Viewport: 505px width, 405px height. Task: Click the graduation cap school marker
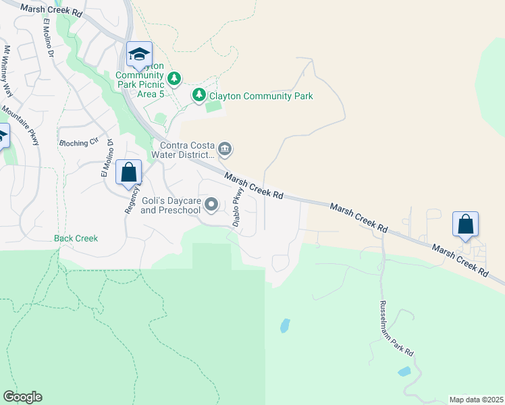[140, 55]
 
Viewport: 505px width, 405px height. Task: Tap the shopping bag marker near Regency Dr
[129, 172]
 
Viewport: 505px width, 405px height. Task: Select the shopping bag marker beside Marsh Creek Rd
[465, 225]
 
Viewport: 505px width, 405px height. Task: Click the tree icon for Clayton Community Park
[198, 95]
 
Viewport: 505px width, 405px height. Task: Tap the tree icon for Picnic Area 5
[174, 79]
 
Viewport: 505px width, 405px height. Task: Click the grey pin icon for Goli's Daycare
[211, 204]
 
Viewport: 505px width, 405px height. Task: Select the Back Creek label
[76, 238]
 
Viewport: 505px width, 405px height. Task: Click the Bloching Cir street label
[79, 143]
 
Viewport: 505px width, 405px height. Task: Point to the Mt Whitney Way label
[8, 72]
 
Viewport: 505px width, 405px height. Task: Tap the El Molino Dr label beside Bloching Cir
[105, 159]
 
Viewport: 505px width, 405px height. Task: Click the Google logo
[22, 397]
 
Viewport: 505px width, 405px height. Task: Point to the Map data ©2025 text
[475, 400]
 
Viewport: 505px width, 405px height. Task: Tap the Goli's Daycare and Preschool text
[171, 205]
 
